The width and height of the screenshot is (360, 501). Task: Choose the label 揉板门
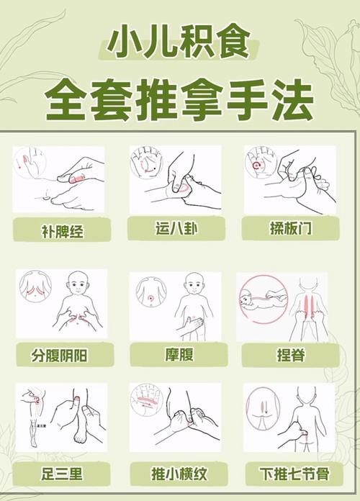pos(289,229)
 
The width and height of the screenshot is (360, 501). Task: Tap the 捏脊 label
pos(289,354)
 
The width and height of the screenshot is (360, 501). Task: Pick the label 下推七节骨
pos(289,474)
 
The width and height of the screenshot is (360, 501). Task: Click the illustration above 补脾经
pos(58,179)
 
